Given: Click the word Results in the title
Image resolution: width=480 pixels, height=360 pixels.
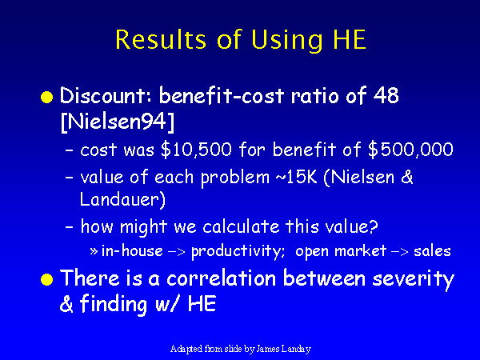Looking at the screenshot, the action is [161, 39].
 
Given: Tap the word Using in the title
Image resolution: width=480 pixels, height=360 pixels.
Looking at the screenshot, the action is [286, 41].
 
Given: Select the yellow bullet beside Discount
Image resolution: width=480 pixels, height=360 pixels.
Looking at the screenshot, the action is [47, 97].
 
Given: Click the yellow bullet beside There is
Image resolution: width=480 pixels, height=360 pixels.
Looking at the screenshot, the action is [47, 279].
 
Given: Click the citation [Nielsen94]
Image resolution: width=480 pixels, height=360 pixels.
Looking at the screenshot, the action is [118, 122].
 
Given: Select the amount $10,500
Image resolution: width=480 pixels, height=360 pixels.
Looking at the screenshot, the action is [196, 150].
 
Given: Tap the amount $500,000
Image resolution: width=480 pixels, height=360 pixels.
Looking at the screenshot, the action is [410, 150].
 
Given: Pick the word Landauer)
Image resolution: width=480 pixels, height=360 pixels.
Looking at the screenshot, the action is [122, 199].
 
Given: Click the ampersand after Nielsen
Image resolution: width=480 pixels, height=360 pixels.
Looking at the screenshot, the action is [407, 177].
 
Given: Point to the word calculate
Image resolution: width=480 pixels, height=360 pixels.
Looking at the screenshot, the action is [241, 226].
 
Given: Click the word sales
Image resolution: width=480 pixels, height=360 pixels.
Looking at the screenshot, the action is [432, 251].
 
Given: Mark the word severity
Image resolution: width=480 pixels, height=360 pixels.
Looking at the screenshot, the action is [414, 279].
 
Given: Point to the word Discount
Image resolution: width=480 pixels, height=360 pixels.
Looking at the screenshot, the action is [102, 95].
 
